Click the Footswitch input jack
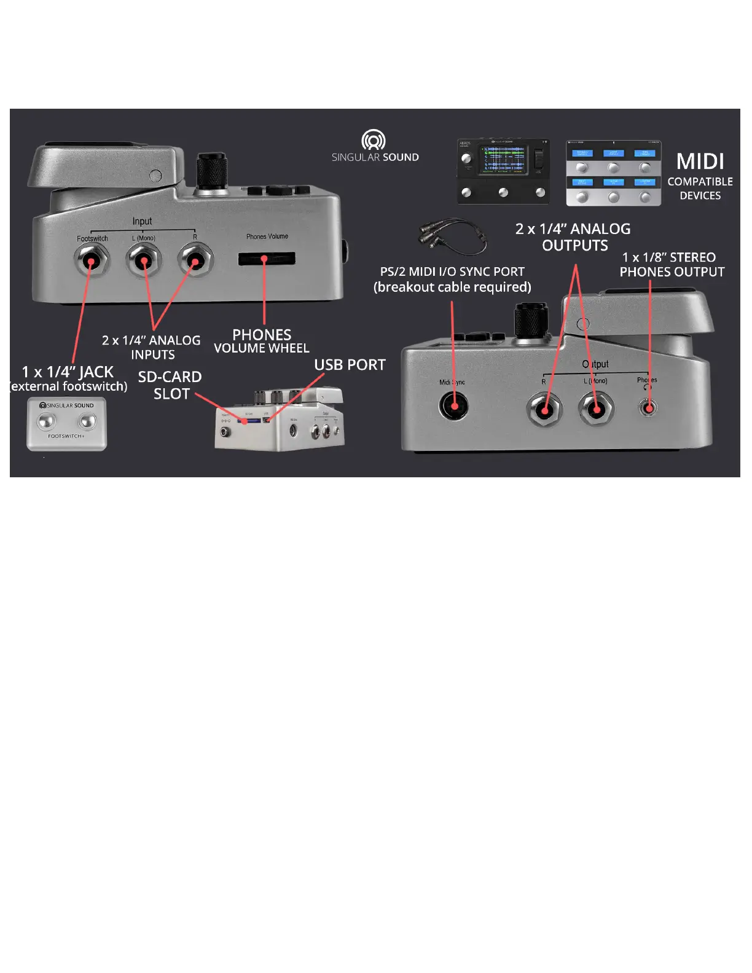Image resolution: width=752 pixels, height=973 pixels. click(x=92, y=260)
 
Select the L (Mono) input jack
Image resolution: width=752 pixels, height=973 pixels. click(x=143, y=260)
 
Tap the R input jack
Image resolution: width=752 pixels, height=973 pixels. click(x=195, y=260)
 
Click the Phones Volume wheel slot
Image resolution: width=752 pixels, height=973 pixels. click(x=267, y=259)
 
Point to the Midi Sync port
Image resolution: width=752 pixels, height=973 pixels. click(x=454, y=406)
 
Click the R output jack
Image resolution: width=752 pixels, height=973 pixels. click(x=545, y=410)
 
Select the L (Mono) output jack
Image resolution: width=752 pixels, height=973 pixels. click(x=596, y=408)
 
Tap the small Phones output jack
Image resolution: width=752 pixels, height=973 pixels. click(x=648, y=407)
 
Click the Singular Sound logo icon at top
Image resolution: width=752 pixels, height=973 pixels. click(x=374, y=140)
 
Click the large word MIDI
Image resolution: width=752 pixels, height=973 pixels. click(x=700, y=162)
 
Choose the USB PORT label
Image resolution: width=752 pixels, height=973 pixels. click(x=350, y=365)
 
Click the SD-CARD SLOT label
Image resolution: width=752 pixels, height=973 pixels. click(x=170, y=385)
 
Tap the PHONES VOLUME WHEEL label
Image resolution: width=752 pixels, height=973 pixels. click(x=262, y=342)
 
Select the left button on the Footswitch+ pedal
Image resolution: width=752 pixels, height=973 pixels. click(x=47, y=421)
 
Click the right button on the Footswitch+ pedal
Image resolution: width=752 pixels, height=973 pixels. click(x=87, y=421)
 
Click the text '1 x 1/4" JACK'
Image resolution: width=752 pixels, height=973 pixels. click(x=68, y=372)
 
